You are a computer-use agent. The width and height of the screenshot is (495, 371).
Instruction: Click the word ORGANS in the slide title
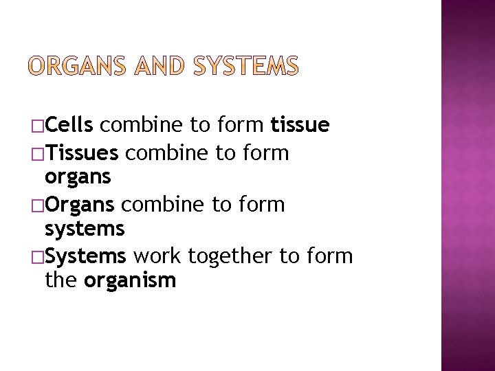point(76,66)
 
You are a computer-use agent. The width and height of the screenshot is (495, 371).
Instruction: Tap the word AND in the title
point(159,66)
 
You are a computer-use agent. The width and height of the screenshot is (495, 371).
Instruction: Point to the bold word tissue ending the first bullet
point(300,126)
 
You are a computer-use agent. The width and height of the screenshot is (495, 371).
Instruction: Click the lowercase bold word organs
point(78,178)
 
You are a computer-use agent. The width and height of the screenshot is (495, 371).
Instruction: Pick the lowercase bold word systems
point(84,229)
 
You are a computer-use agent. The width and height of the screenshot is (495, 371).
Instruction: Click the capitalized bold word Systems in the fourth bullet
point(85,256)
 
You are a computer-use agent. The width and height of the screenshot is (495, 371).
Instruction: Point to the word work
point(157,256)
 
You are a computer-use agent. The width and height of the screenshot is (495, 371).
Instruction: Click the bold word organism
point(130,280)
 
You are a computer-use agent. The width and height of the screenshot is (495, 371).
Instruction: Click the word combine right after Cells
point(142,126)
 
